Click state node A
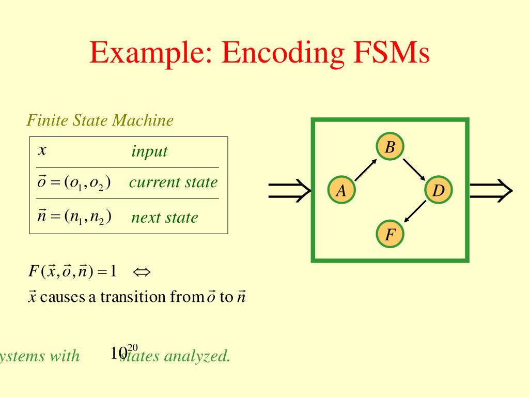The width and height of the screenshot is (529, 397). [x=341, y=191]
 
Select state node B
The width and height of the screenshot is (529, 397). [x=390, y=148]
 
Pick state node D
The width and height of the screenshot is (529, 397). [x=438, y=191]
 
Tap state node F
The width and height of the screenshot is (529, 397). [x=390, y=235]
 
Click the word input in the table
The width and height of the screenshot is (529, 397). [x=149, y=151]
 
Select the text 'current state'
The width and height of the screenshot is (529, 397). [x=174, y=182]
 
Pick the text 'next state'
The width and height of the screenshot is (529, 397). [x=164, y=217]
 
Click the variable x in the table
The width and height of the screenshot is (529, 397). [x=43, y=151]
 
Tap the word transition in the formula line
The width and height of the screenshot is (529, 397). [x=132, y=297]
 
